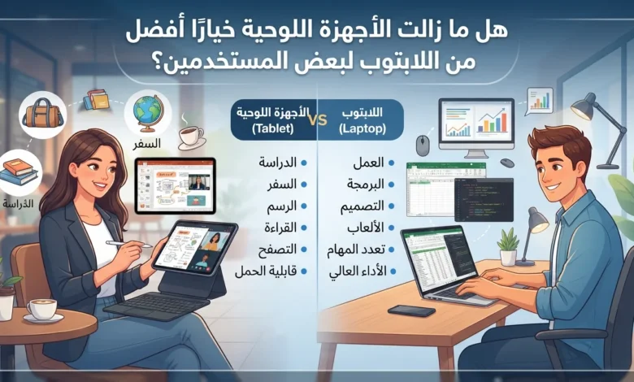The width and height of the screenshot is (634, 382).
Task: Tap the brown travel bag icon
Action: (x=42, y=115)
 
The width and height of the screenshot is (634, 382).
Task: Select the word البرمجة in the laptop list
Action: (x=365, y=184)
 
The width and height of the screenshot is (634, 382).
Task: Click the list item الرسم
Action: (x=281, y=206)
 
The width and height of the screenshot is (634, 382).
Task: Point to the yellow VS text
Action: (x=317, y=120)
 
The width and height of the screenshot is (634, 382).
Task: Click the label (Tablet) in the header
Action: (x=272, y=129)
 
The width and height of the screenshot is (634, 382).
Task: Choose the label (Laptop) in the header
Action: (x=363, y=129)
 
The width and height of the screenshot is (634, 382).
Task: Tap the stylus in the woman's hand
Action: (x=128, y=244)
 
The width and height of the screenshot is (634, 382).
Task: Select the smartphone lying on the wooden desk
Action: (x=411, y=310)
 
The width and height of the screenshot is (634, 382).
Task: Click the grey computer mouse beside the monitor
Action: (x=423, y=145)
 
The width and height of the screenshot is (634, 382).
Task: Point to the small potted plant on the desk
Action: (x=508, y=246)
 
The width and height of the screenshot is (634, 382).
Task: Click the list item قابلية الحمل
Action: (x=266, y=271)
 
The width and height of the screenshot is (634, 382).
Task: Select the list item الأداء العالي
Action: (x=358, y=271)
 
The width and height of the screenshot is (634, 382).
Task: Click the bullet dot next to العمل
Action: (x=392, y=163)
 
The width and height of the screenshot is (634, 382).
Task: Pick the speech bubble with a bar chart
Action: (x=540, y=101)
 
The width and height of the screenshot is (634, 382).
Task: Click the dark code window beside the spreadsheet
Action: (x=484, y=200)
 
